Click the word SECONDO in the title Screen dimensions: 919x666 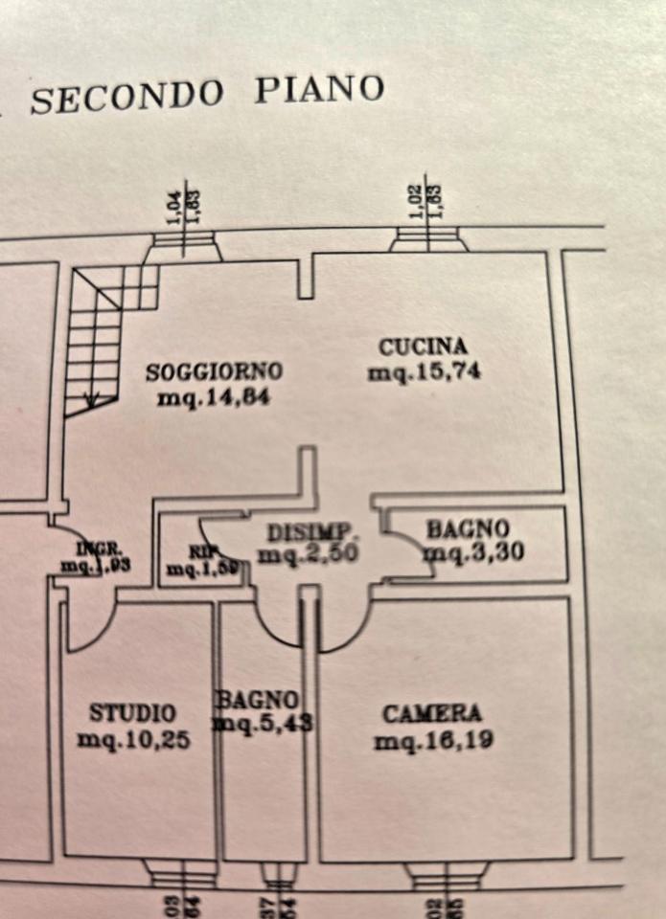(126, 97)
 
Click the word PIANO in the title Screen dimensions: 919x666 (318, 89)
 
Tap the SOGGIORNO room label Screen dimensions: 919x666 (214, 370)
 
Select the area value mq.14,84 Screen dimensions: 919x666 (213, 396)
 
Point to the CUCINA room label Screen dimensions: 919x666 (423, 347)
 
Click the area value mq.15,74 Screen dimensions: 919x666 (424, 372)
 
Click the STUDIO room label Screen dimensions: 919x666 (132, 713)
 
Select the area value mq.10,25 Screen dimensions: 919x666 (132, 739)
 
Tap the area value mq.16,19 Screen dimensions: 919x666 (434, 740)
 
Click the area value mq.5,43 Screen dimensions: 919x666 (263, 724)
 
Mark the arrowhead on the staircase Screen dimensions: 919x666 (92, 400)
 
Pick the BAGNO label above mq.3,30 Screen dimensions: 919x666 (468, 527)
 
